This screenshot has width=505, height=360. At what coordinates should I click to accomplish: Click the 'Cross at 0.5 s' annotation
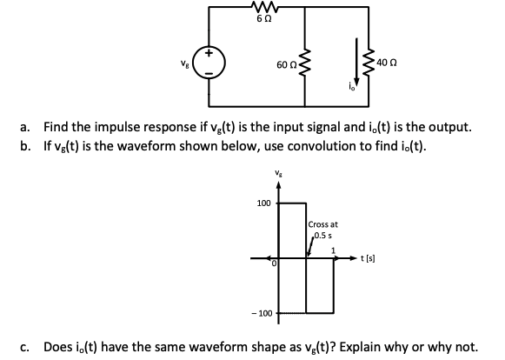click(x=322, y=229)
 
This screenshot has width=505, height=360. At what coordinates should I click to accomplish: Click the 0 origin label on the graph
click(x=272, y=263)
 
